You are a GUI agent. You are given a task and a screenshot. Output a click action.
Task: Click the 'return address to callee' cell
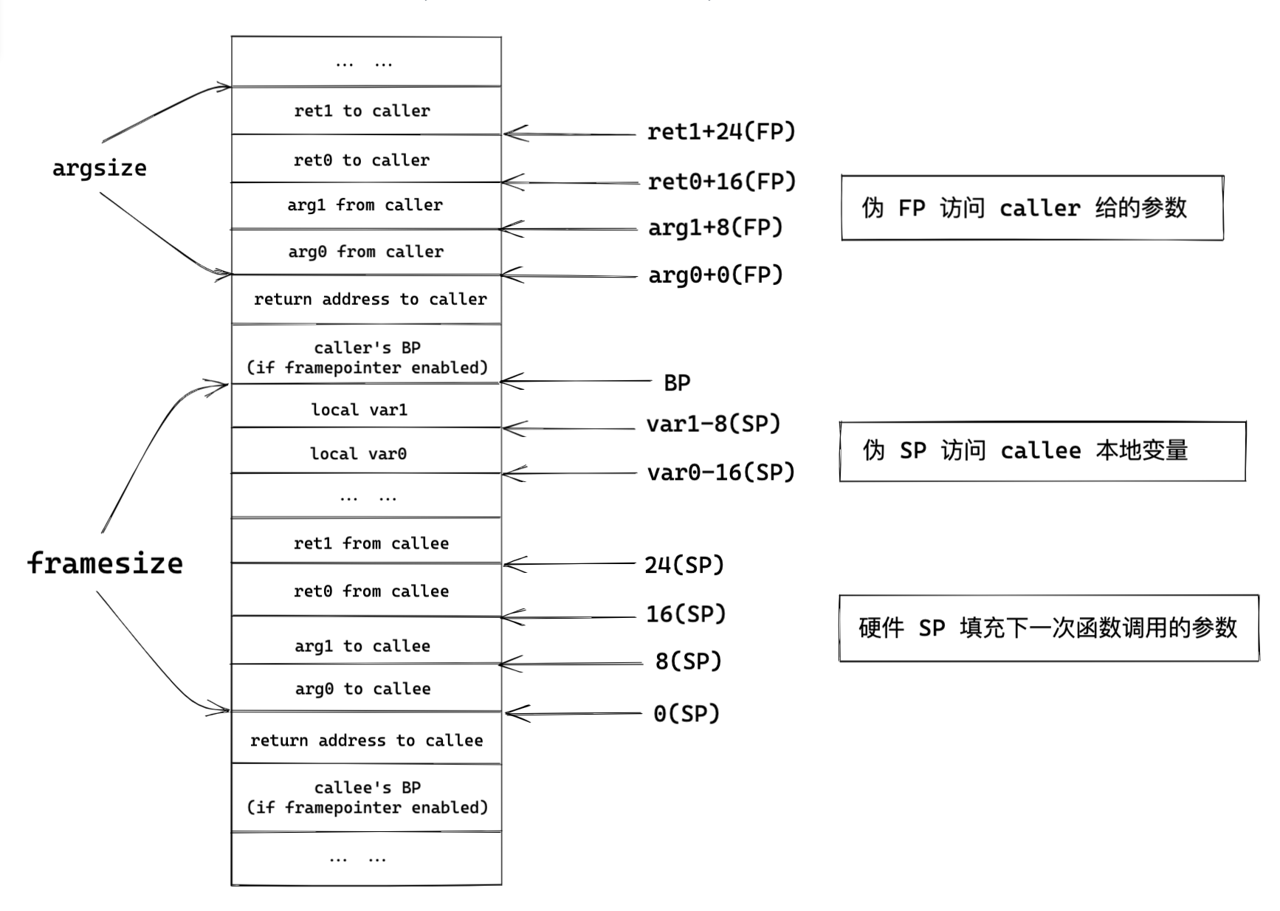point(366,740)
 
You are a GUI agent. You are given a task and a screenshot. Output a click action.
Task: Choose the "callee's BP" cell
point(366,797)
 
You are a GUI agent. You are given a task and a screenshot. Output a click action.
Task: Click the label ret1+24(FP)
point(720,131)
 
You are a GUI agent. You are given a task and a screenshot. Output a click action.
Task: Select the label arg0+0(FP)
point(715,275)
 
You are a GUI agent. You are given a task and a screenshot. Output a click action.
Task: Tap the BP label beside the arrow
point(676,382)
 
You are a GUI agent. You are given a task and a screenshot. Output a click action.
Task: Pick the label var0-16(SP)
point(720,472)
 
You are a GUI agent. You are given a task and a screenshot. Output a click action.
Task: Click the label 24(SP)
point(684,565)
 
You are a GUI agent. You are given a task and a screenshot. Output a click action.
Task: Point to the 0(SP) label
point(686,714)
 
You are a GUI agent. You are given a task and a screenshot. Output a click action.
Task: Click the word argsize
point(99,168)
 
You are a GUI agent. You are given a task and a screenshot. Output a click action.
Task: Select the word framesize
point(105,563)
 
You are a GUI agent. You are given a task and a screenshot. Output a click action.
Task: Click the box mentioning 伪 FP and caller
point(1031,207)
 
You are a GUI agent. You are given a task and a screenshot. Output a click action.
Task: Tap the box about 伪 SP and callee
point(1042,451)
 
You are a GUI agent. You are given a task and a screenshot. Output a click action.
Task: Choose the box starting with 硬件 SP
point(1047,628)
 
